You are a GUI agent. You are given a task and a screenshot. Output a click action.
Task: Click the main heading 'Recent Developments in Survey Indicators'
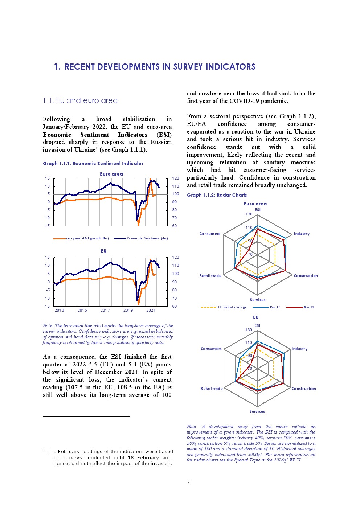coord(155,67)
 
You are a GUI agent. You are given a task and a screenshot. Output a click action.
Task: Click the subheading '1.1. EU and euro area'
coord(80,100)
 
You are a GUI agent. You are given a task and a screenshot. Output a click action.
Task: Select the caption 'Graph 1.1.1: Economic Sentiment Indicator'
coord(93,164)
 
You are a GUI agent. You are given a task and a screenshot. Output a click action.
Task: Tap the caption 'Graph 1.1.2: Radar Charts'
coord(217,195)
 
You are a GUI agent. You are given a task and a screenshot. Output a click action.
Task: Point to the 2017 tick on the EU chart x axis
coord(105,310)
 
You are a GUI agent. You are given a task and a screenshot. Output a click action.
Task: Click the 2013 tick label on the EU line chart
coord(59,310)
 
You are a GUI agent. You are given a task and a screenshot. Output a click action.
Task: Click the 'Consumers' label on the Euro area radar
coord(210,234)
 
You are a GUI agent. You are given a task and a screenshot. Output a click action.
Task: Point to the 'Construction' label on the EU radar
coord(304,389)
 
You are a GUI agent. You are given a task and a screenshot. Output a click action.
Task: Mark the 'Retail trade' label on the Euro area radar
coord(210,276)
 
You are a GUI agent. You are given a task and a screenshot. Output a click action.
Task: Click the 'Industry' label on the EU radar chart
coord(299,349)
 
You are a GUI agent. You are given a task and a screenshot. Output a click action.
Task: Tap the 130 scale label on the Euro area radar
coord(249,214)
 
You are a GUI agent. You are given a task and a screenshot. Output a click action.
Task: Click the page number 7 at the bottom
coord(188,483)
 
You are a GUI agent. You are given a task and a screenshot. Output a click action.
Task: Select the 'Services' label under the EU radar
coord(257,412)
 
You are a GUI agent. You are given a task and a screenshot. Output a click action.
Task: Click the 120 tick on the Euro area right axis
coord(176,178)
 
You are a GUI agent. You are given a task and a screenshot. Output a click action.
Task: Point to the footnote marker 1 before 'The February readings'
coord(44,450)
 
